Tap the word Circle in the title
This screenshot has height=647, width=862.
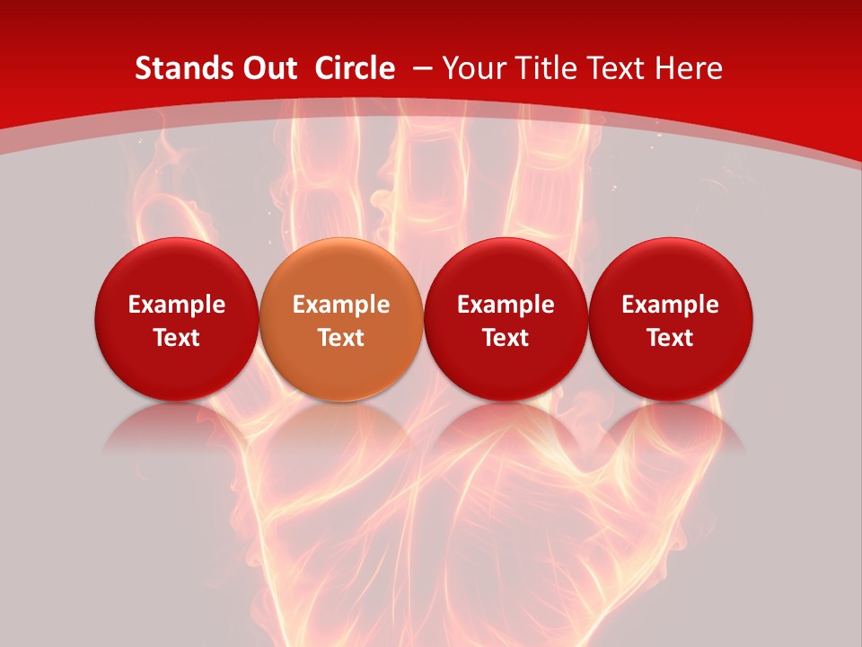[x=355, y=68]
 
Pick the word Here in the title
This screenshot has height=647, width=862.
[x=687, y=68]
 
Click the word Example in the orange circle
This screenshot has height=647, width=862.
[x=341, y=305]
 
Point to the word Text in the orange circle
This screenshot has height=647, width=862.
[x=341, y=338]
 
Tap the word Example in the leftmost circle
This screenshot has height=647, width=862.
[x=176, y=305]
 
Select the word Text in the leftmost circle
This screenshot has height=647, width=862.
[x=176, y=338]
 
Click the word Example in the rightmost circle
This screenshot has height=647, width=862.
[x=671, y=305]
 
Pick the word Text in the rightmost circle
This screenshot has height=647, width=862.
[x=671, y=338]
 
